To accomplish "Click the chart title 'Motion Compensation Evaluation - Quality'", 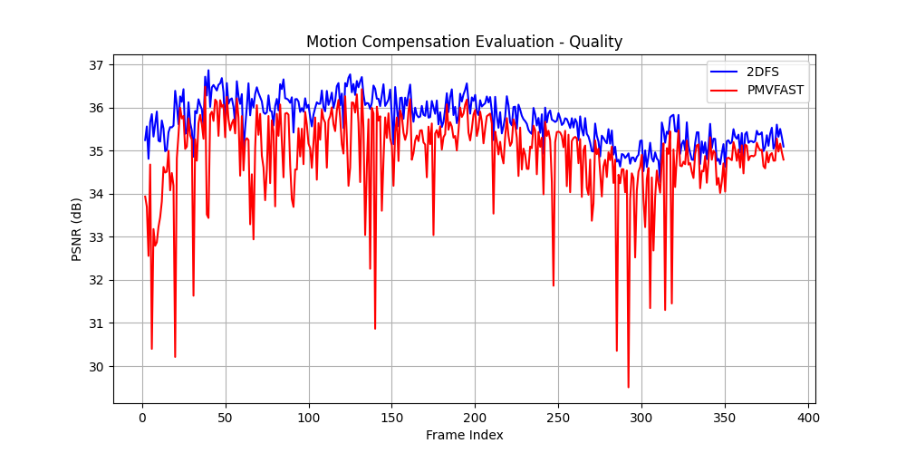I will [464, 42].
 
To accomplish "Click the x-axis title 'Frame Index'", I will [464, 435].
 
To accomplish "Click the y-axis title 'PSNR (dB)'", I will [77, 228].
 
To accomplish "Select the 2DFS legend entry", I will [762, 72].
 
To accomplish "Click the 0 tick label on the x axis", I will [142, 418].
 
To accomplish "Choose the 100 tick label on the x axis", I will [309, 418].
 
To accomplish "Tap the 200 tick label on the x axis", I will [476, 418].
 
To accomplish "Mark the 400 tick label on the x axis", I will [809, 418].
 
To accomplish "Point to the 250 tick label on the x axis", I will [559, 418].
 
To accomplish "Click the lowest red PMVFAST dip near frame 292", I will [628, 387].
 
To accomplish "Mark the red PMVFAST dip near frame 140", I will [375, 328].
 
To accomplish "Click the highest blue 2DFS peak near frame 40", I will [208, 71].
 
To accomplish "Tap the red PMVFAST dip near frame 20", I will [175, 356].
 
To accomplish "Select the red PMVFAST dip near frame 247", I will [554, 285].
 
